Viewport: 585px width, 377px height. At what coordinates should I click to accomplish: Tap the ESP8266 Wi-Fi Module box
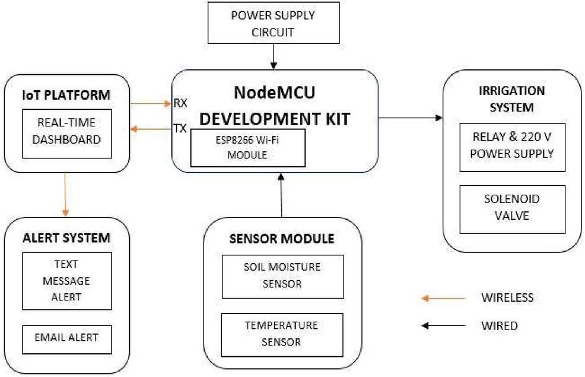pos(247,148)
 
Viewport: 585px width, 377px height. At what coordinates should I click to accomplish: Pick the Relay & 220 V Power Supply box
pos(512,147)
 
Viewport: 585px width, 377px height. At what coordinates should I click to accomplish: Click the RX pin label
pos(180,103)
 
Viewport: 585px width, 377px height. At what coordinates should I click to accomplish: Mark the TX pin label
pos(180,128)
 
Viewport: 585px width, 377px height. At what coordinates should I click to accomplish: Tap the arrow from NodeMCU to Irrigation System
pos(411,118)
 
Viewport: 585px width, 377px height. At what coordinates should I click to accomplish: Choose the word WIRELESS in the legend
pos(507,297)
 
